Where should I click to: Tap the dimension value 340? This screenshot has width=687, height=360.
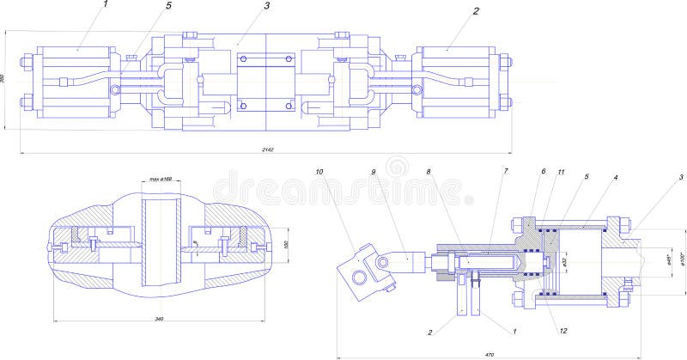[x=159, y=319]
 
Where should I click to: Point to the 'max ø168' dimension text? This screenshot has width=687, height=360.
[x=161, y=179]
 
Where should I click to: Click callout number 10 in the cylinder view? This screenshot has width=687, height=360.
[x=319, y=172]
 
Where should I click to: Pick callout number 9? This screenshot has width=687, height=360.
[x=374, y=172]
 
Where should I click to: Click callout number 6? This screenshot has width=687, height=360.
[x=543, y=172]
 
